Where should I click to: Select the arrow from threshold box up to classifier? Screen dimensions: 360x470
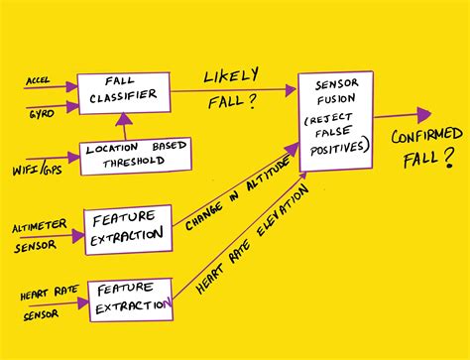click(122, 126)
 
